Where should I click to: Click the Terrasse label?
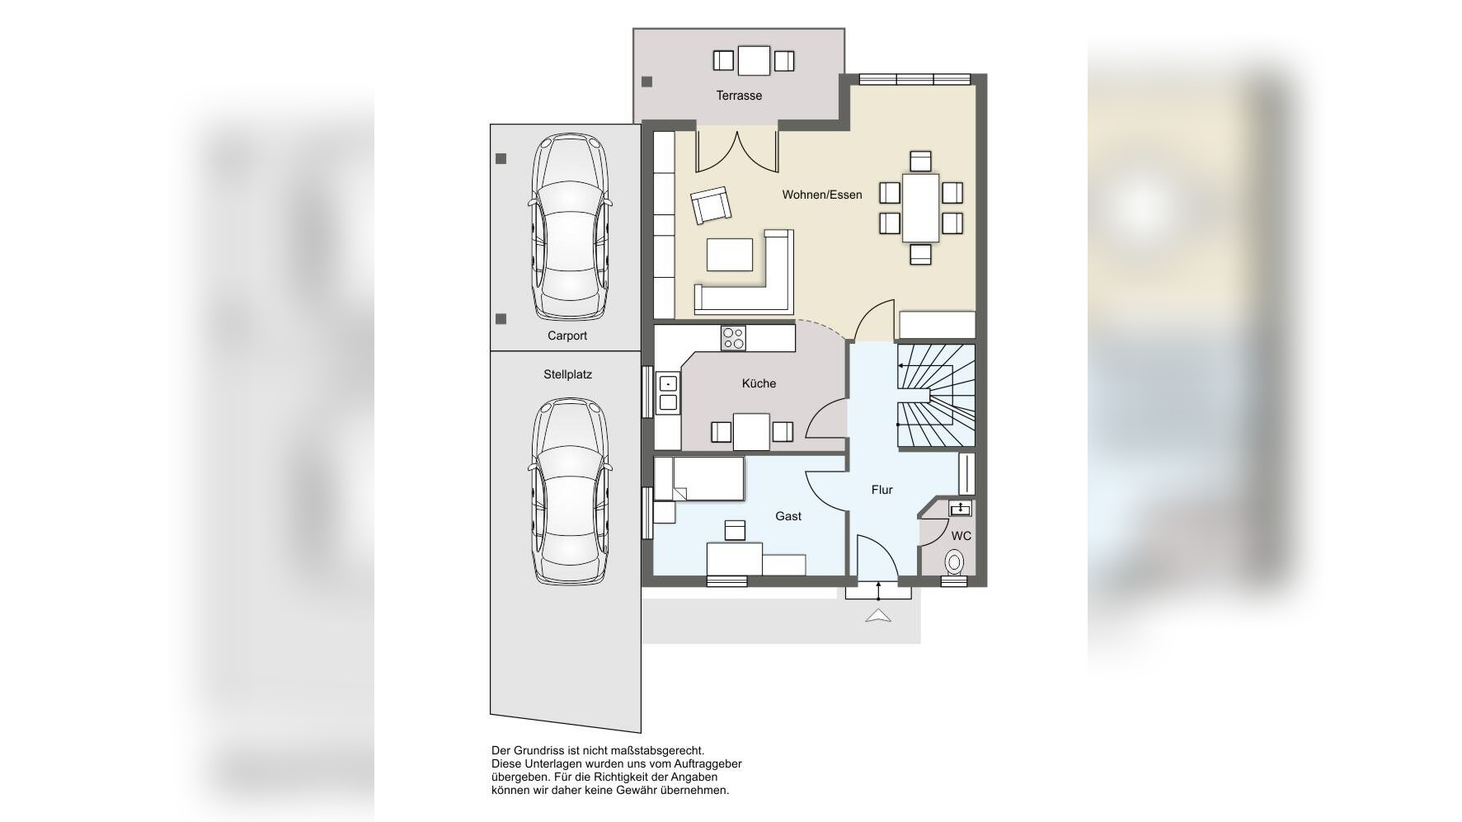click(739, 96)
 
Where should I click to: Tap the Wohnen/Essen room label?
click(822, 195)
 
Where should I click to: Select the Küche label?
click(759, 383)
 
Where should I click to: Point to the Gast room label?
click(788, 516)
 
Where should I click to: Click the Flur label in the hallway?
click(882, 490)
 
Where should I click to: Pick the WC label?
click(961, 536)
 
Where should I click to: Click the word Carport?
click(567, 336)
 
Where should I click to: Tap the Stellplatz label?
click(567, 374)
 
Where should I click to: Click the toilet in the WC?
click(955, 563)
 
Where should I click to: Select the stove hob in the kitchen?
click(733, 338)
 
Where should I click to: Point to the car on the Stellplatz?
click(570, 491)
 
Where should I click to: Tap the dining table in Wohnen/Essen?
click(920, 208)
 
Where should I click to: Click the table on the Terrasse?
click(754, 60)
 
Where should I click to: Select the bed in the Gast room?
click(699, 479)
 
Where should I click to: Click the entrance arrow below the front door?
click(878, 616)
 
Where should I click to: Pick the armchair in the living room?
click(711, 205)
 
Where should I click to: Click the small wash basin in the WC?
click(960, 508)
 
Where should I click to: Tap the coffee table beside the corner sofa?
click(730, 255)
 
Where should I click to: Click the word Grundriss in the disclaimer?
click(539, 751)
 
